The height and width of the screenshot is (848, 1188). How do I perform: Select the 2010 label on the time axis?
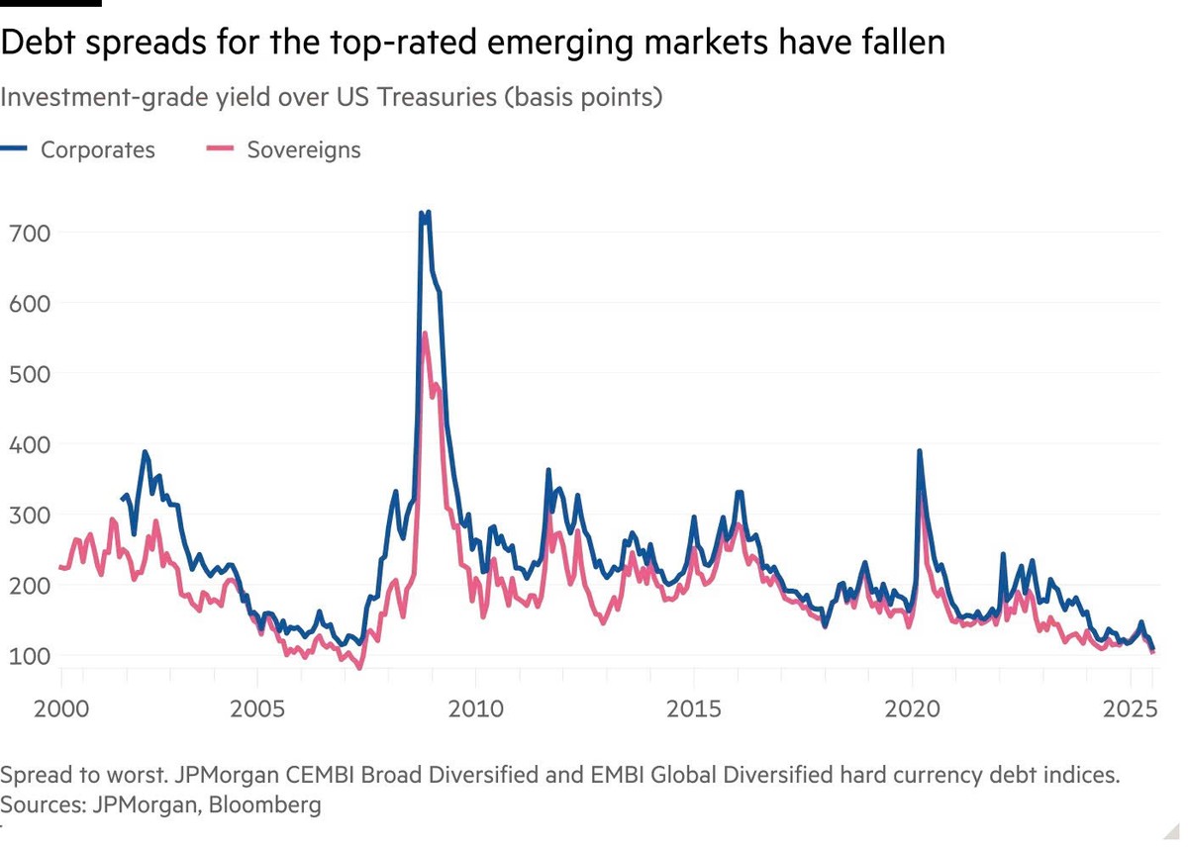click(x=474, y=709)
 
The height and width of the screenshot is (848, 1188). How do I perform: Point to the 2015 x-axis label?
click(x=693, y=709)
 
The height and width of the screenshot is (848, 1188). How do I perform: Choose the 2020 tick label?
click(x=911, y=709)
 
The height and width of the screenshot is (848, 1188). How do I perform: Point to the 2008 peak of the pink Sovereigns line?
click(x=425, y=333)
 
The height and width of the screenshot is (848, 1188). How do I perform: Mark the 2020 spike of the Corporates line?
click(x=920, y=451)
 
